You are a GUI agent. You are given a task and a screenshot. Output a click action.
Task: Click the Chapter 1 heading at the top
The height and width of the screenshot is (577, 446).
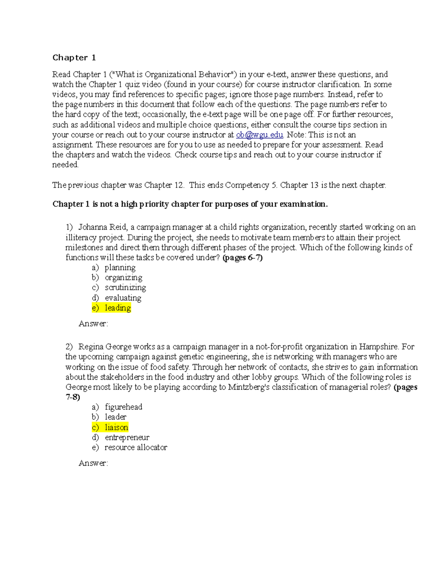click(74, 58)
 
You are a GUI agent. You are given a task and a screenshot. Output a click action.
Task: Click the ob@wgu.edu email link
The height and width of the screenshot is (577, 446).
click(259, 135)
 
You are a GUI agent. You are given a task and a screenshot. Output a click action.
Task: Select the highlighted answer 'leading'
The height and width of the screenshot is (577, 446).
click(117, 308)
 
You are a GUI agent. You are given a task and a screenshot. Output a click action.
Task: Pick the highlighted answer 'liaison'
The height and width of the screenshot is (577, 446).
click(116, 427)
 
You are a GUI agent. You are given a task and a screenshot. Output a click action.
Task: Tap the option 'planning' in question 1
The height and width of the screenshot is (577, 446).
click(120, 268)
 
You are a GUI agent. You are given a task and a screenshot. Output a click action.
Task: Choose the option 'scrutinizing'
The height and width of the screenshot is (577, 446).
click(125, 288)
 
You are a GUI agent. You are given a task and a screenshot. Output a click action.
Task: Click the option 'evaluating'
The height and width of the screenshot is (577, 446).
click(123, 298)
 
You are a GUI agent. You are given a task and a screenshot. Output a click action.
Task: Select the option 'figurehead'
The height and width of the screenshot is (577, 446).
click(123, 407)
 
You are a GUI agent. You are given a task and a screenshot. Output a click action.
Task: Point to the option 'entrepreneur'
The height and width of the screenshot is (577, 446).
click(127, 437)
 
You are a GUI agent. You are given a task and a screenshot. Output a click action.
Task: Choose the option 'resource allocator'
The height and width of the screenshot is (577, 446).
click(136, 447)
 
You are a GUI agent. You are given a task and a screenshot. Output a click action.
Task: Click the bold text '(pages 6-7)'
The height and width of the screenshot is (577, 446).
click(242, 257)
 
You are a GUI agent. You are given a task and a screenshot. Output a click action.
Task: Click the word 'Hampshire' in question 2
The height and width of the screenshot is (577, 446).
click(379, 347)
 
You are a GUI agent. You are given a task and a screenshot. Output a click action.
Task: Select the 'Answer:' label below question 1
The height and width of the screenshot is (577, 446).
click(93, 324)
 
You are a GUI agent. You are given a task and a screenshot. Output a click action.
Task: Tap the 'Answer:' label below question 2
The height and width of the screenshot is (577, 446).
click(93, 463)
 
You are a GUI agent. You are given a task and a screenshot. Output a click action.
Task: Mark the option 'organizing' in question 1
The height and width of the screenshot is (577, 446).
click(123, 278)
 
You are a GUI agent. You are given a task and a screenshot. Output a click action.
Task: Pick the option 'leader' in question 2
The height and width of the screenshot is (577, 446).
click(116, 417)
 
